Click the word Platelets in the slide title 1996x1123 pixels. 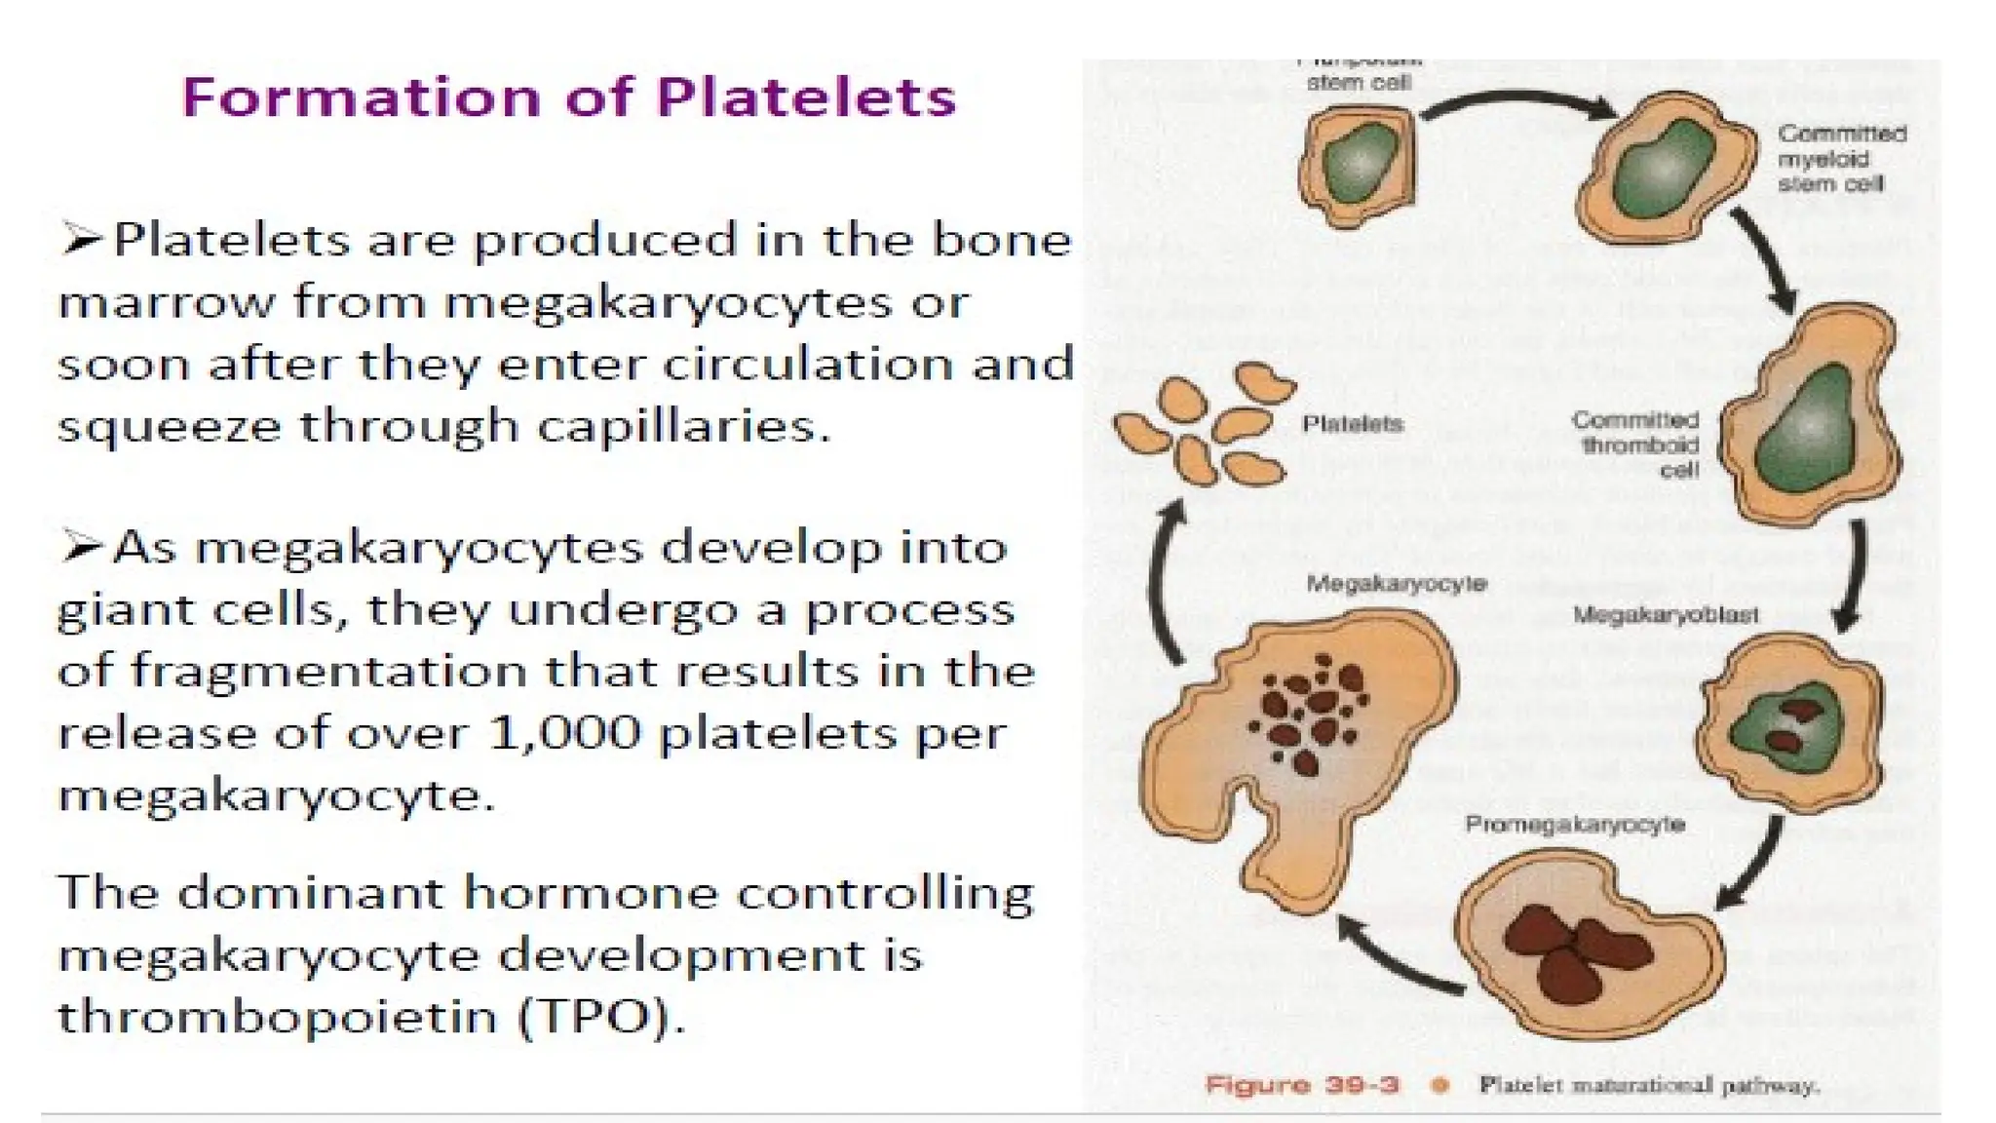tap(806, 97)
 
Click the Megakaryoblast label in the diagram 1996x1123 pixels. tap(1666, 615)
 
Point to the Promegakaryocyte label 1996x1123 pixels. tap(1575, 825)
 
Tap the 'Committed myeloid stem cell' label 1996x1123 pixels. tap(1841, 158)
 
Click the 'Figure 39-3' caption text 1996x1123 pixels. tap(1302, 1085)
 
